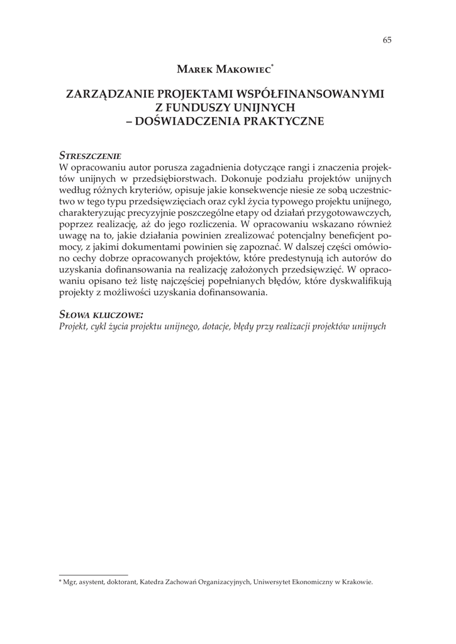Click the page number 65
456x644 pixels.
pos(387,40)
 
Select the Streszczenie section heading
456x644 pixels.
pos(90,155)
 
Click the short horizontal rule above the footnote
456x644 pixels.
pos(93,574)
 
